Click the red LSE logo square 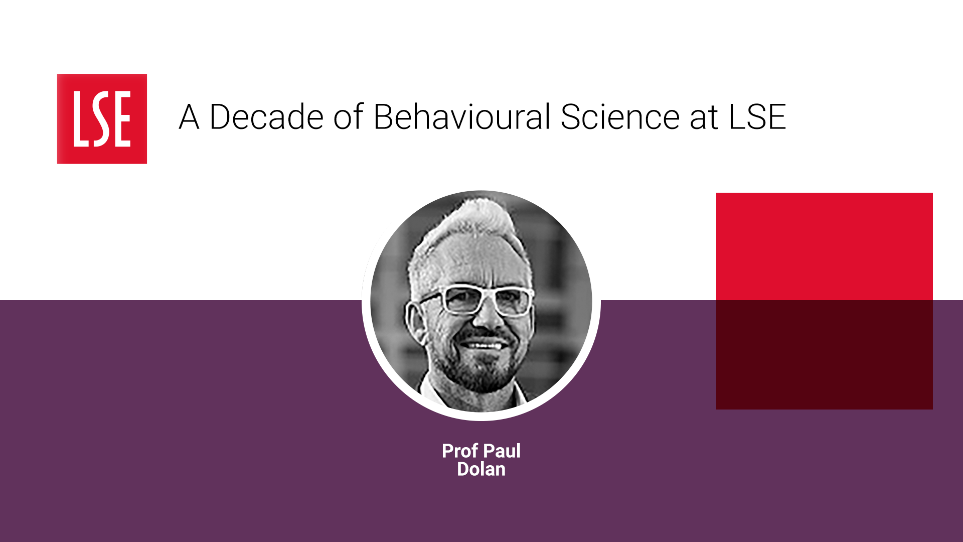click(x=102, y=119)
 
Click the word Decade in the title click(x=266, y=117)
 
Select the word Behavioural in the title click(x=462, y=117)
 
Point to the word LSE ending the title click(x=757, y=117)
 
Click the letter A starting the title click(x=189, y=117)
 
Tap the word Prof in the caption click(x=459, y=451)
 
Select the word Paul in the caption click(x=502, y=451)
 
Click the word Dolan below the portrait click(x=481, y=469)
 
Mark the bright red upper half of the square click(x=825, y=246)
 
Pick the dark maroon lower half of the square click(x=825, y=355)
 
